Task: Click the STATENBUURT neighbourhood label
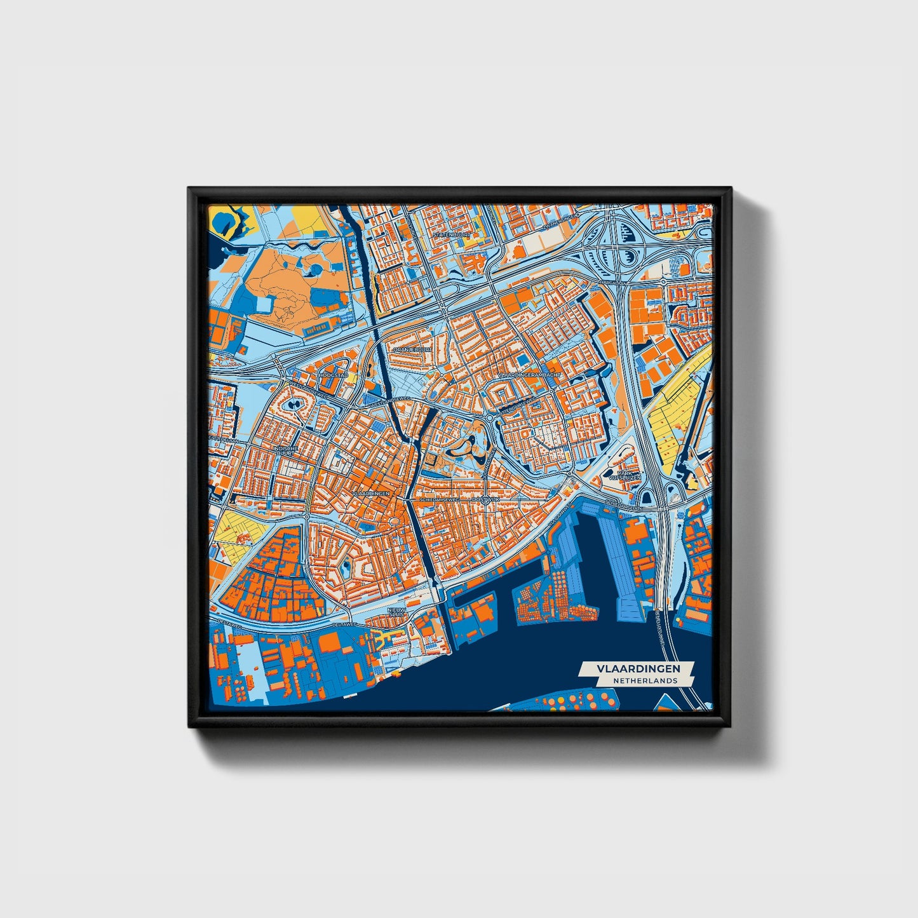(x=449, y=235)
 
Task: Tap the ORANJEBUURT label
(x=412, y=350)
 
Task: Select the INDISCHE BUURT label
(x=284, y=450)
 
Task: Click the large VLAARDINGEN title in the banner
(x=637, y=668)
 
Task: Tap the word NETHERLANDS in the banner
(x=645, y=680)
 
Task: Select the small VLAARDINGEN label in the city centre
(x=369, y=493)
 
